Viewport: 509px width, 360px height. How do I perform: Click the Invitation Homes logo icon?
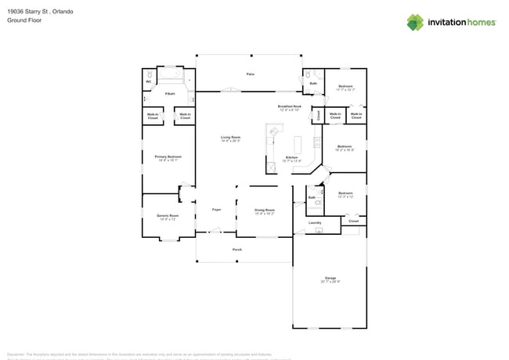click(416, 22)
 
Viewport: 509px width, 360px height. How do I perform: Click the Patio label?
click(251, 74)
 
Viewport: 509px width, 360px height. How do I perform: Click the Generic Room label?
click(168, 217)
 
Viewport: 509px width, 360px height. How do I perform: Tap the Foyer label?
click(217, 210)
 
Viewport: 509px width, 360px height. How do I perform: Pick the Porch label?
click(237, 250)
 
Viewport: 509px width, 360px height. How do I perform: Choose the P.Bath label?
click(169, 94)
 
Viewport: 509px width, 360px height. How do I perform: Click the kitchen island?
click(298, 145)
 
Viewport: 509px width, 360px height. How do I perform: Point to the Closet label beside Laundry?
click(353, 221)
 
